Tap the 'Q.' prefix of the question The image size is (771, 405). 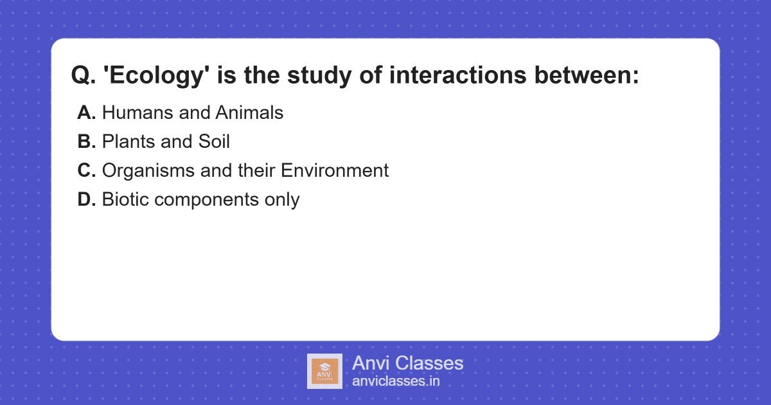coord(83,76)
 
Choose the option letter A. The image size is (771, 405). coord(86,113)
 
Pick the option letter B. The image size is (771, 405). coord(86,141)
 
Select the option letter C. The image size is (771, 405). coord(86,170)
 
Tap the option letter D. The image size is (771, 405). coord(86,199)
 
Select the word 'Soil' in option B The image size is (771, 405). coord(214,141)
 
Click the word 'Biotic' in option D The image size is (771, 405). coord(126,199)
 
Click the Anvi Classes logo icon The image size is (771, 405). coord(324,371)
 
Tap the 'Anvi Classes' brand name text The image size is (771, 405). coord(407,363)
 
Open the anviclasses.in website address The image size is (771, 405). coord(396,381)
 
